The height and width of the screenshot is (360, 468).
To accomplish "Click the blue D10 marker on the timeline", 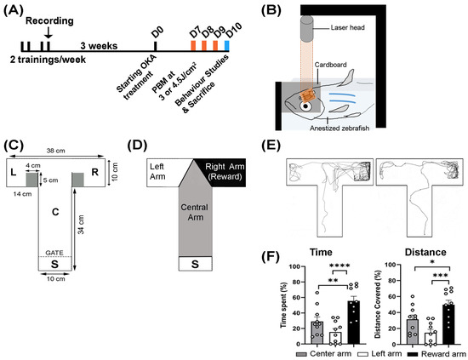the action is coord(227,45).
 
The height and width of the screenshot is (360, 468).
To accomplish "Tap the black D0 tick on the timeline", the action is coord(155,46).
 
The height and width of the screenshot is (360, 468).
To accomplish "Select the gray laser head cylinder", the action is coord(307,28).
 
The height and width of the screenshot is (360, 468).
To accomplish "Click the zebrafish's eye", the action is coord(305,106).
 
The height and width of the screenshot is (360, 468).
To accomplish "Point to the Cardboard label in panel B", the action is coord(330,65).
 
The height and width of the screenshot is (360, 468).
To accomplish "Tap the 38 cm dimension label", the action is coord(56,151).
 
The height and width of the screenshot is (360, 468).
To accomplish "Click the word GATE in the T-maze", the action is coord(54,253).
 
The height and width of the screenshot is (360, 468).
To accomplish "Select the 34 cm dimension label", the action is coord(81,224).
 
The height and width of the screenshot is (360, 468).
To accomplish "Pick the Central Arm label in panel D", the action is coord(195,212).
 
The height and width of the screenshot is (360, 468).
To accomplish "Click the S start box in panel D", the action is coord(195,264).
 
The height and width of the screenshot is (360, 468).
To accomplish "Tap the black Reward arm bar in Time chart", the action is coord(353,323).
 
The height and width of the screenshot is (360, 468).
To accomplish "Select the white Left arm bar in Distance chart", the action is coord(431,339).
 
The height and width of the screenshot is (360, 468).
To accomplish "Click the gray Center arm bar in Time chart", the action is coord(317,333).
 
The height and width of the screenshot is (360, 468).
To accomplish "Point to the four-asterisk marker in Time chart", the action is coord(340,266).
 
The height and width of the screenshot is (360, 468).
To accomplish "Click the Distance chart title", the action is coord(425,252).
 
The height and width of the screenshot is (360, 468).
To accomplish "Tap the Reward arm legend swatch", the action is coord(413,354).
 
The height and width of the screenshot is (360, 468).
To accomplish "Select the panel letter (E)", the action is coord(271,146).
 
